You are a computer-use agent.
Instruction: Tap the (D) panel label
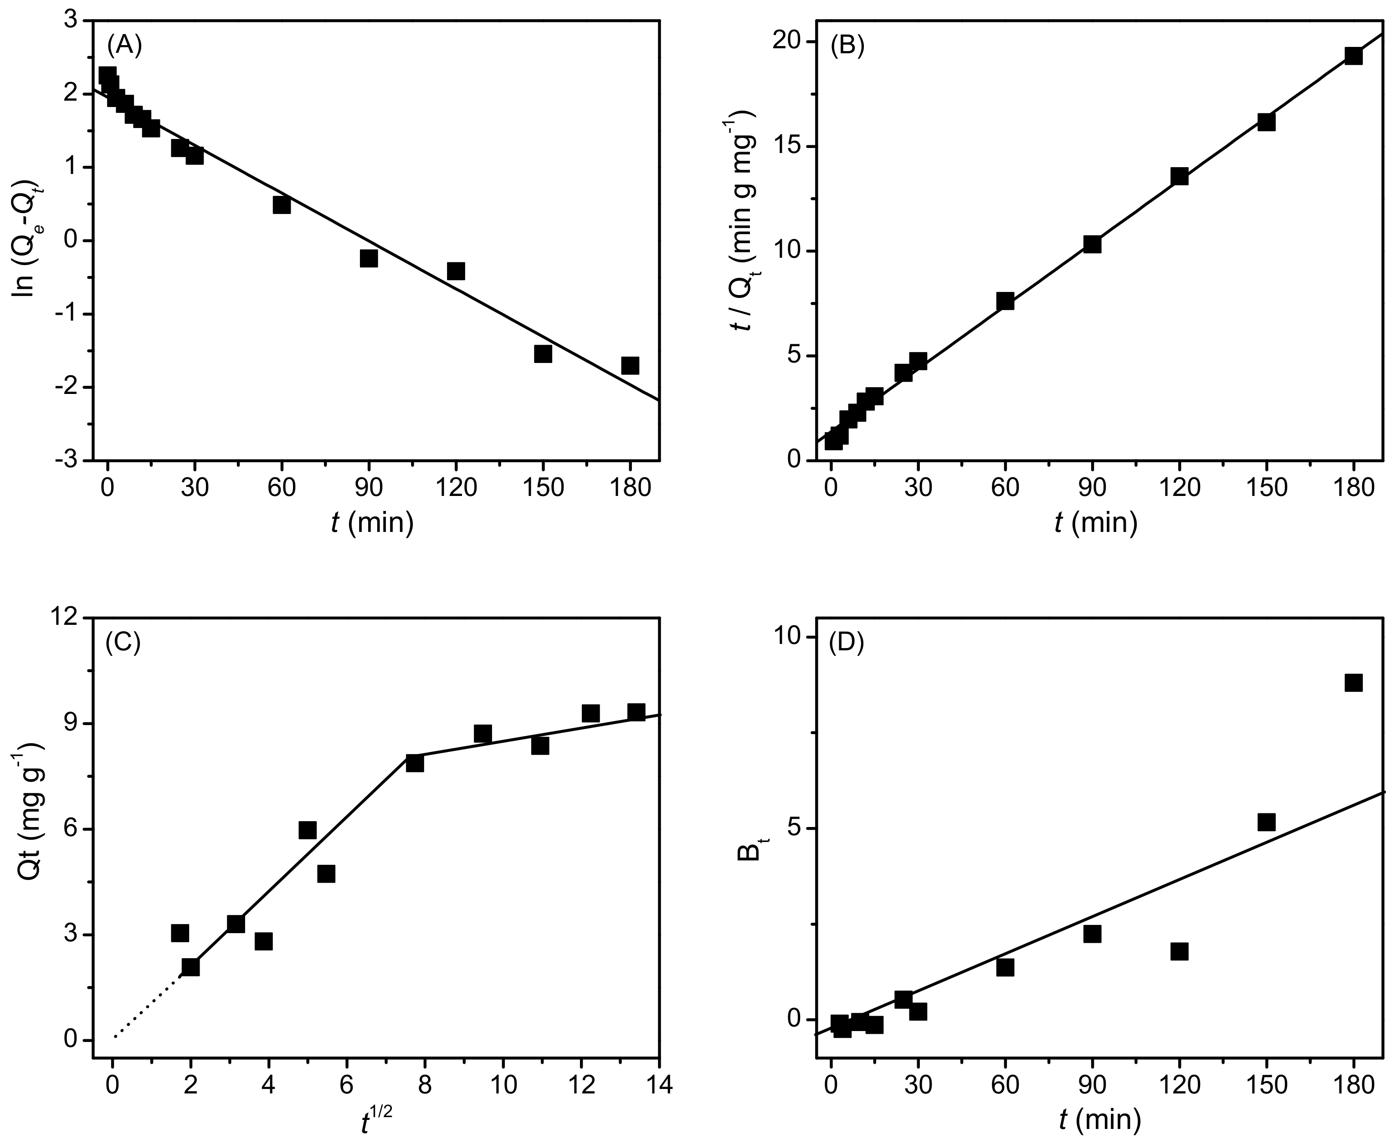pyautogui.click(x=846, y=643)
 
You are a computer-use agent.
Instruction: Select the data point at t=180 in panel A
pyautogui.click(x=630, y=365)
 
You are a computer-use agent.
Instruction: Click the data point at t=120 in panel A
pyautogui.click(x=456, y=271)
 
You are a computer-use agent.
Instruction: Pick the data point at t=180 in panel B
pyautogui.click(x=1353, y=56)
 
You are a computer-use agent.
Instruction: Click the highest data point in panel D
pyautogui.click(x=1353, y=683)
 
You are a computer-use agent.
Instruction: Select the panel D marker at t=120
pyautogui.click(x=1179, y=951)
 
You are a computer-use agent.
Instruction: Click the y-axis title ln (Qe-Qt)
pyautogui.click(x=26, y=240)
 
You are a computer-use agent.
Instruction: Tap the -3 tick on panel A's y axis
pyautogui.click(x=67, y=460)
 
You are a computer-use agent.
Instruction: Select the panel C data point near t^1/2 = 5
pyautogui.click(x=307, y=830)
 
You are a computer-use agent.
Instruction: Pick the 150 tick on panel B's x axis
pyautogui.click(x=1266, y=488)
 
